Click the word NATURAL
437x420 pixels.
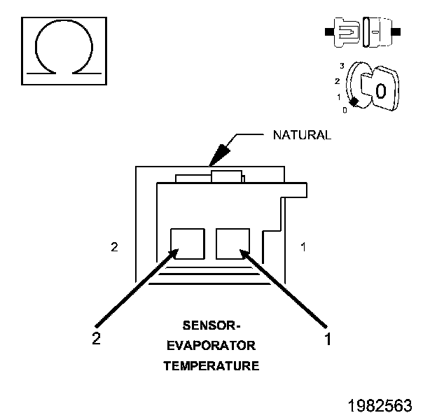301,134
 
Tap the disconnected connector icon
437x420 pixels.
361,32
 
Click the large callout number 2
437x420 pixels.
97,338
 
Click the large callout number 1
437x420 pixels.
326,339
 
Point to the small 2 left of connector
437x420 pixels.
114,247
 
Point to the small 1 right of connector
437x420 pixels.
302,247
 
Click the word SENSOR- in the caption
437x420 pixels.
211,325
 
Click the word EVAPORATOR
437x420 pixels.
211,346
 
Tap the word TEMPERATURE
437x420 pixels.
211,365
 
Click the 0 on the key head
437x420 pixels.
380,91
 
